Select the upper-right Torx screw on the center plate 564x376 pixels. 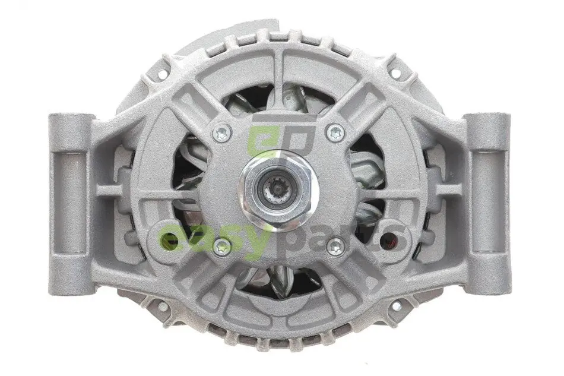click(334, 132)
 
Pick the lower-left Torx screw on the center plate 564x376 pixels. click(221, 247)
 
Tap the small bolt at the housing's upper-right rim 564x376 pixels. click(395, 73)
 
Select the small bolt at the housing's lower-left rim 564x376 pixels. click(164, 307)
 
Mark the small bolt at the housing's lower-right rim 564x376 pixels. click(395, 306)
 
